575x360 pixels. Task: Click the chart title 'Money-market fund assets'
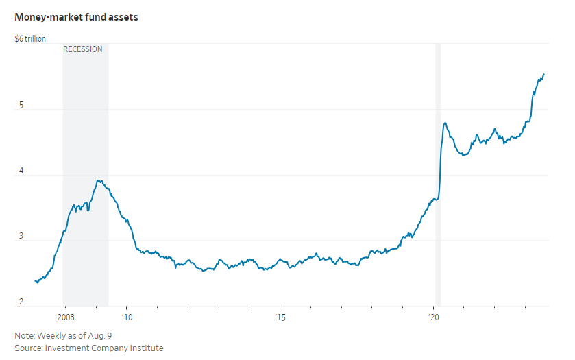pyautogui.click(x=77, y=16)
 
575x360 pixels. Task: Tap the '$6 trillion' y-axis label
pyautogui.click(x=30, y=39)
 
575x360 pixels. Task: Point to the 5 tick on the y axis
pyautogui.click(x=21, y=106)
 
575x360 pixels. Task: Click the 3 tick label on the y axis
pyautogui.click(x=21, y=237)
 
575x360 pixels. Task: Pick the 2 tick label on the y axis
pyautogui.click(x=21, y=302)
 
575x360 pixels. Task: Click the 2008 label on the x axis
pyautogui.click(x=66, y=317)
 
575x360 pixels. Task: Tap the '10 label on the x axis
pyautogui.click(x=127, y=317)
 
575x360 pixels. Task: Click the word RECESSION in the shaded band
pyautogui.click(x=83, y=49)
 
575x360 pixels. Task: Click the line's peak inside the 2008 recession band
pyautogui.click(x=99, y=180)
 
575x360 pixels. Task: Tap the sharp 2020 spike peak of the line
pyautogui.click(x=445, y=123)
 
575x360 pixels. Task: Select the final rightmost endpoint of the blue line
pyautogui.click(x=544, y=74)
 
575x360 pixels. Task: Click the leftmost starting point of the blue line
pyautogui.click(x=35, y=280)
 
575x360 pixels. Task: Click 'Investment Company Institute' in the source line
pyautogui.click(x=104, y=348)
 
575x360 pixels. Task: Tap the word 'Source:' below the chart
pyautogui.click(x=28, y=348)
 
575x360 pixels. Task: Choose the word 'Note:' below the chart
pyautogui.click(x=24, y=335)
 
